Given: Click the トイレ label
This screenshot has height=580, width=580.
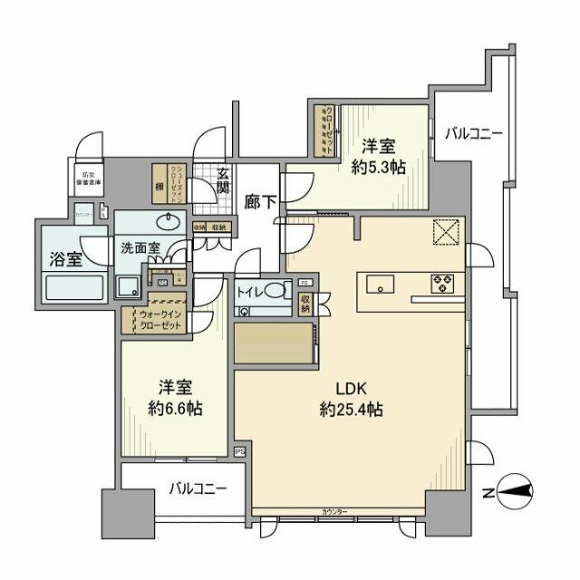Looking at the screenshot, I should point(251,293).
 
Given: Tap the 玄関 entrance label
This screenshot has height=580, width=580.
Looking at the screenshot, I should point(223,180).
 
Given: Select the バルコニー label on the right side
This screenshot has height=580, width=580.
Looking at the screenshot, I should point(473,134).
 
